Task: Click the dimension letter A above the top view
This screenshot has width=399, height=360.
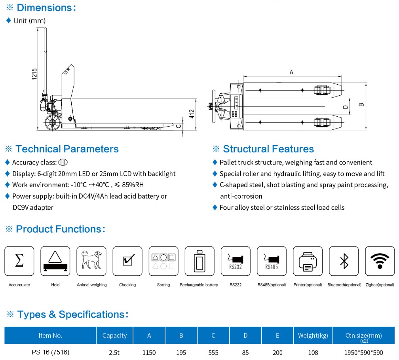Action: [291, 72]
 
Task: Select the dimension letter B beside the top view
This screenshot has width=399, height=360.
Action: [361, 104]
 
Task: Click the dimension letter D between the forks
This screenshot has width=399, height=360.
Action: [345, 107]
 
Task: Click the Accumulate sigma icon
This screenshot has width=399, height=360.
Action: [19, 261]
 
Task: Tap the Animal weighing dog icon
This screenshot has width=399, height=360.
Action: [91, 261]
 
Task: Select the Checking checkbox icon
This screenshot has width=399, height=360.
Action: [127, 261]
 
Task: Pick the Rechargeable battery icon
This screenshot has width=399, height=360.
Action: [199, 261]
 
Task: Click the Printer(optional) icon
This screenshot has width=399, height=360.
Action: [308, 261]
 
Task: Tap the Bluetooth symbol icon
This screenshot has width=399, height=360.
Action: [344, 261]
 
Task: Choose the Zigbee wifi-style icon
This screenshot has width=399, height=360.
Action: [380, 261]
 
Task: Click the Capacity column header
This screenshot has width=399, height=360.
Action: [114, 335]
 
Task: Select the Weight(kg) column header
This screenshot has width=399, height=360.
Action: [313, 335]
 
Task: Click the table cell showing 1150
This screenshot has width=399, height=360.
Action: [149, 352]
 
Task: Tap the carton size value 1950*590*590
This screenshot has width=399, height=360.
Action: [363, 352]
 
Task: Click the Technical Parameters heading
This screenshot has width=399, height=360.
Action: [67, 149]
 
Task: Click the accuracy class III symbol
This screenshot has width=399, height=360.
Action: [63, 162]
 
